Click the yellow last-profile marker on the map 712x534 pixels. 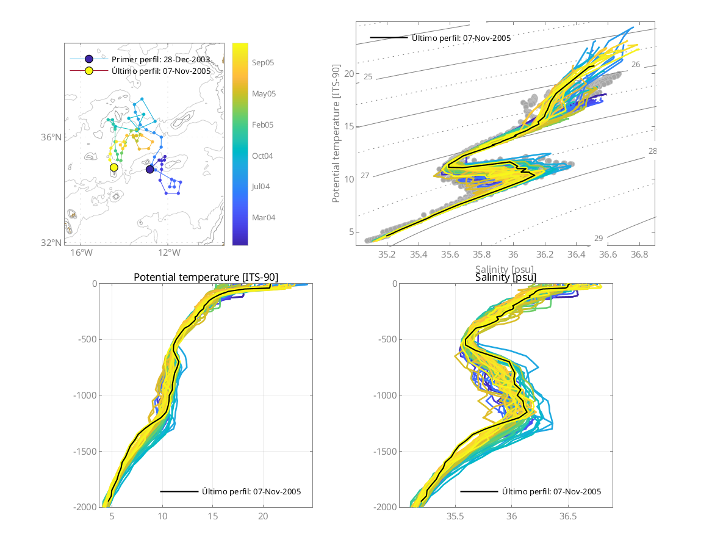click(114, 167)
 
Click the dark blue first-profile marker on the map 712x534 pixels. click(150, 169)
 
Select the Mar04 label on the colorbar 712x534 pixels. click(263, 217)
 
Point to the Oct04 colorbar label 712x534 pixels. click(262, 156)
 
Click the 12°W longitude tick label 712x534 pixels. click(168, 253)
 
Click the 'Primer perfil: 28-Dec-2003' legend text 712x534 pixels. click(160, 60)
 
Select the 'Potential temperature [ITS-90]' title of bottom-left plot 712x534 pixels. click(206, 278)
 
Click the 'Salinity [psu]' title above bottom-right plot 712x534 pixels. click(506, 278)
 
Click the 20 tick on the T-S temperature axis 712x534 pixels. click(349, 74)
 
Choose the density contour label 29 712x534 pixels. click(599, 238)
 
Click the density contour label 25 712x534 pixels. click(368, 76)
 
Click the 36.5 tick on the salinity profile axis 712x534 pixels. click(568, 516)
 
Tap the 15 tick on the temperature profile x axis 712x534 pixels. click(212, 516)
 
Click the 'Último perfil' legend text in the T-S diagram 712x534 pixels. click(461, 38)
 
